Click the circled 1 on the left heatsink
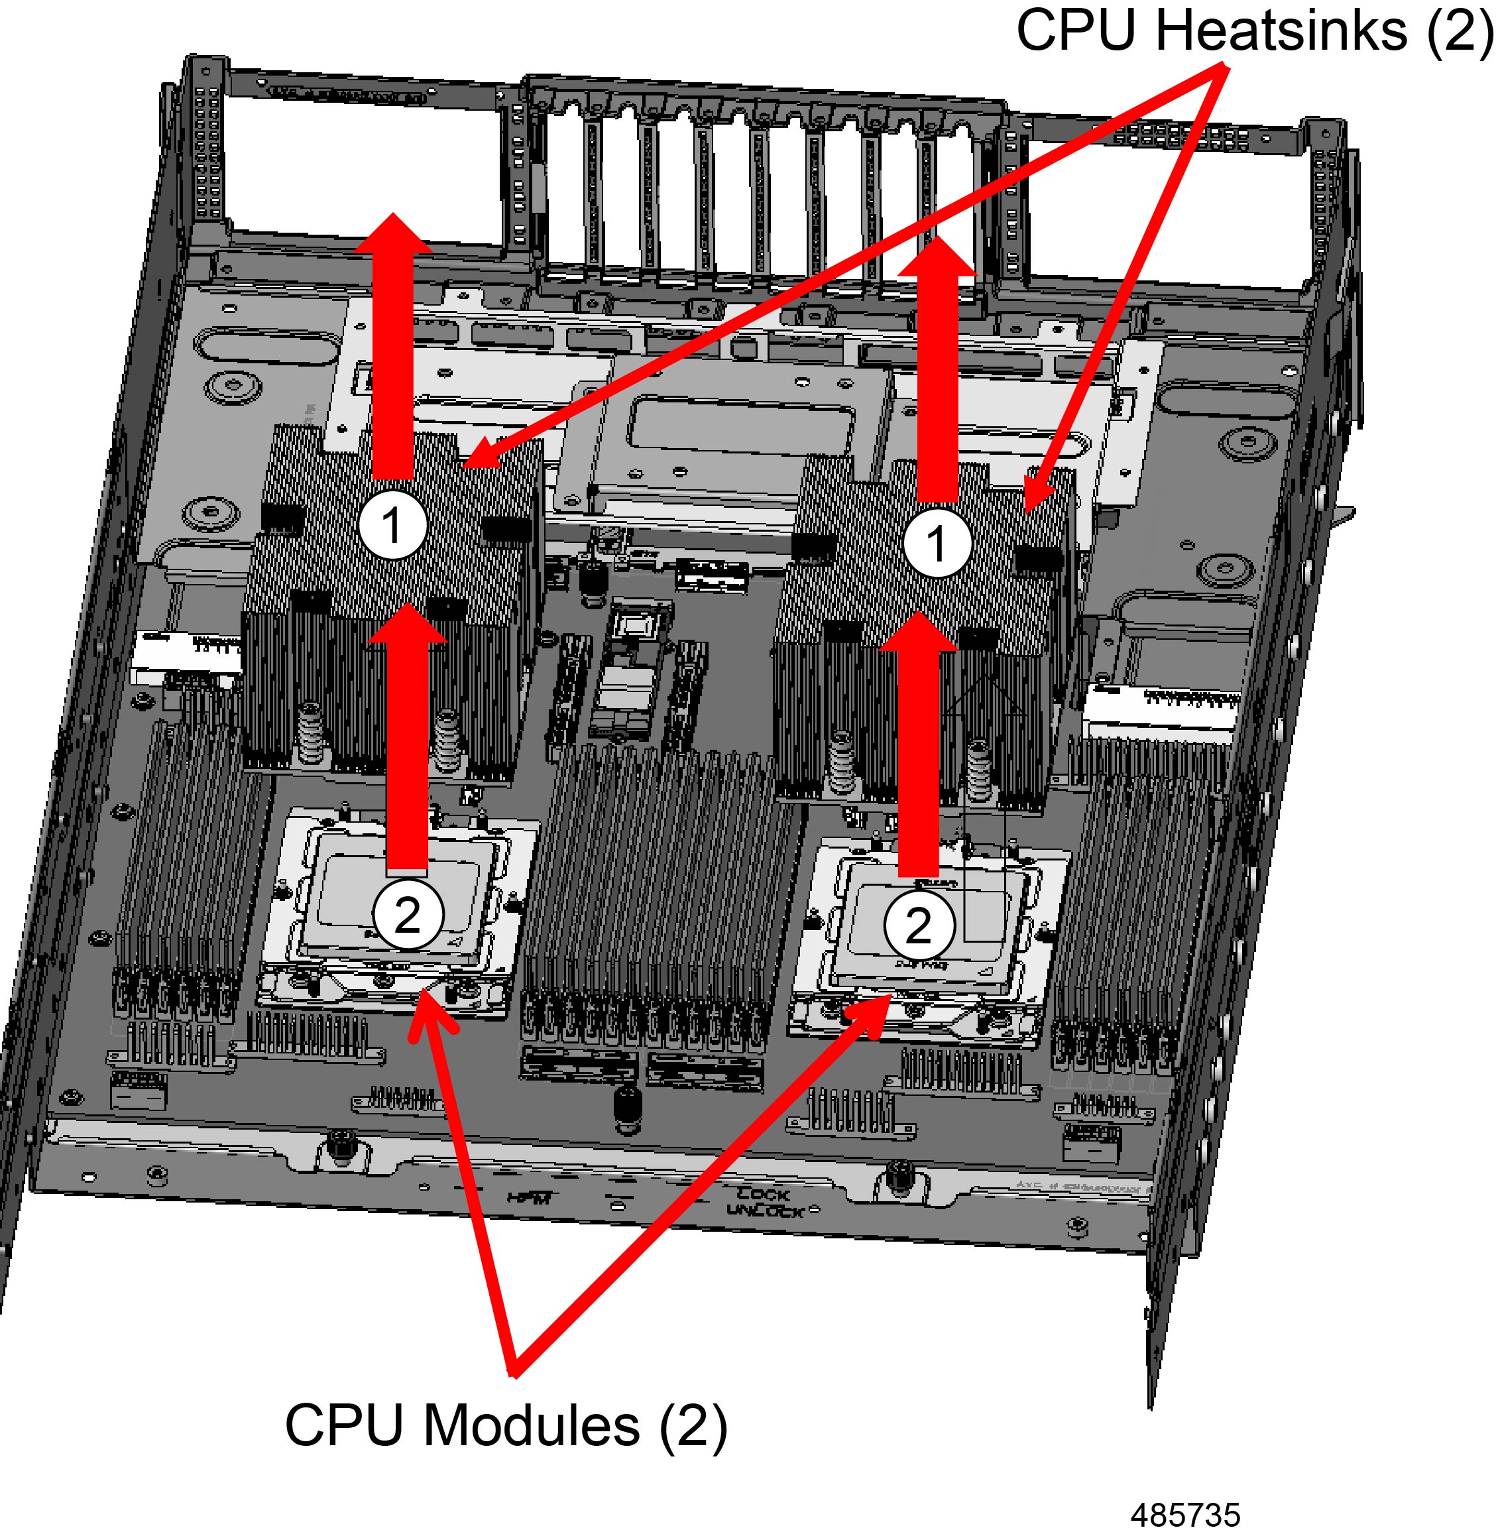[x=392, y=525]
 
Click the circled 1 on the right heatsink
[x=936, y=542]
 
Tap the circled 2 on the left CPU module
[x=407, y=914]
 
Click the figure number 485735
[x=1186, y=1514]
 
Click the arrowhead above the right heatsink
[x=937, y=255]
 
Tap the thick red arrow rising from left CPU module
[x=407, y=746]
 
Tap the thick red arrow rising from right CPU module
[x=919, y=754]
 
